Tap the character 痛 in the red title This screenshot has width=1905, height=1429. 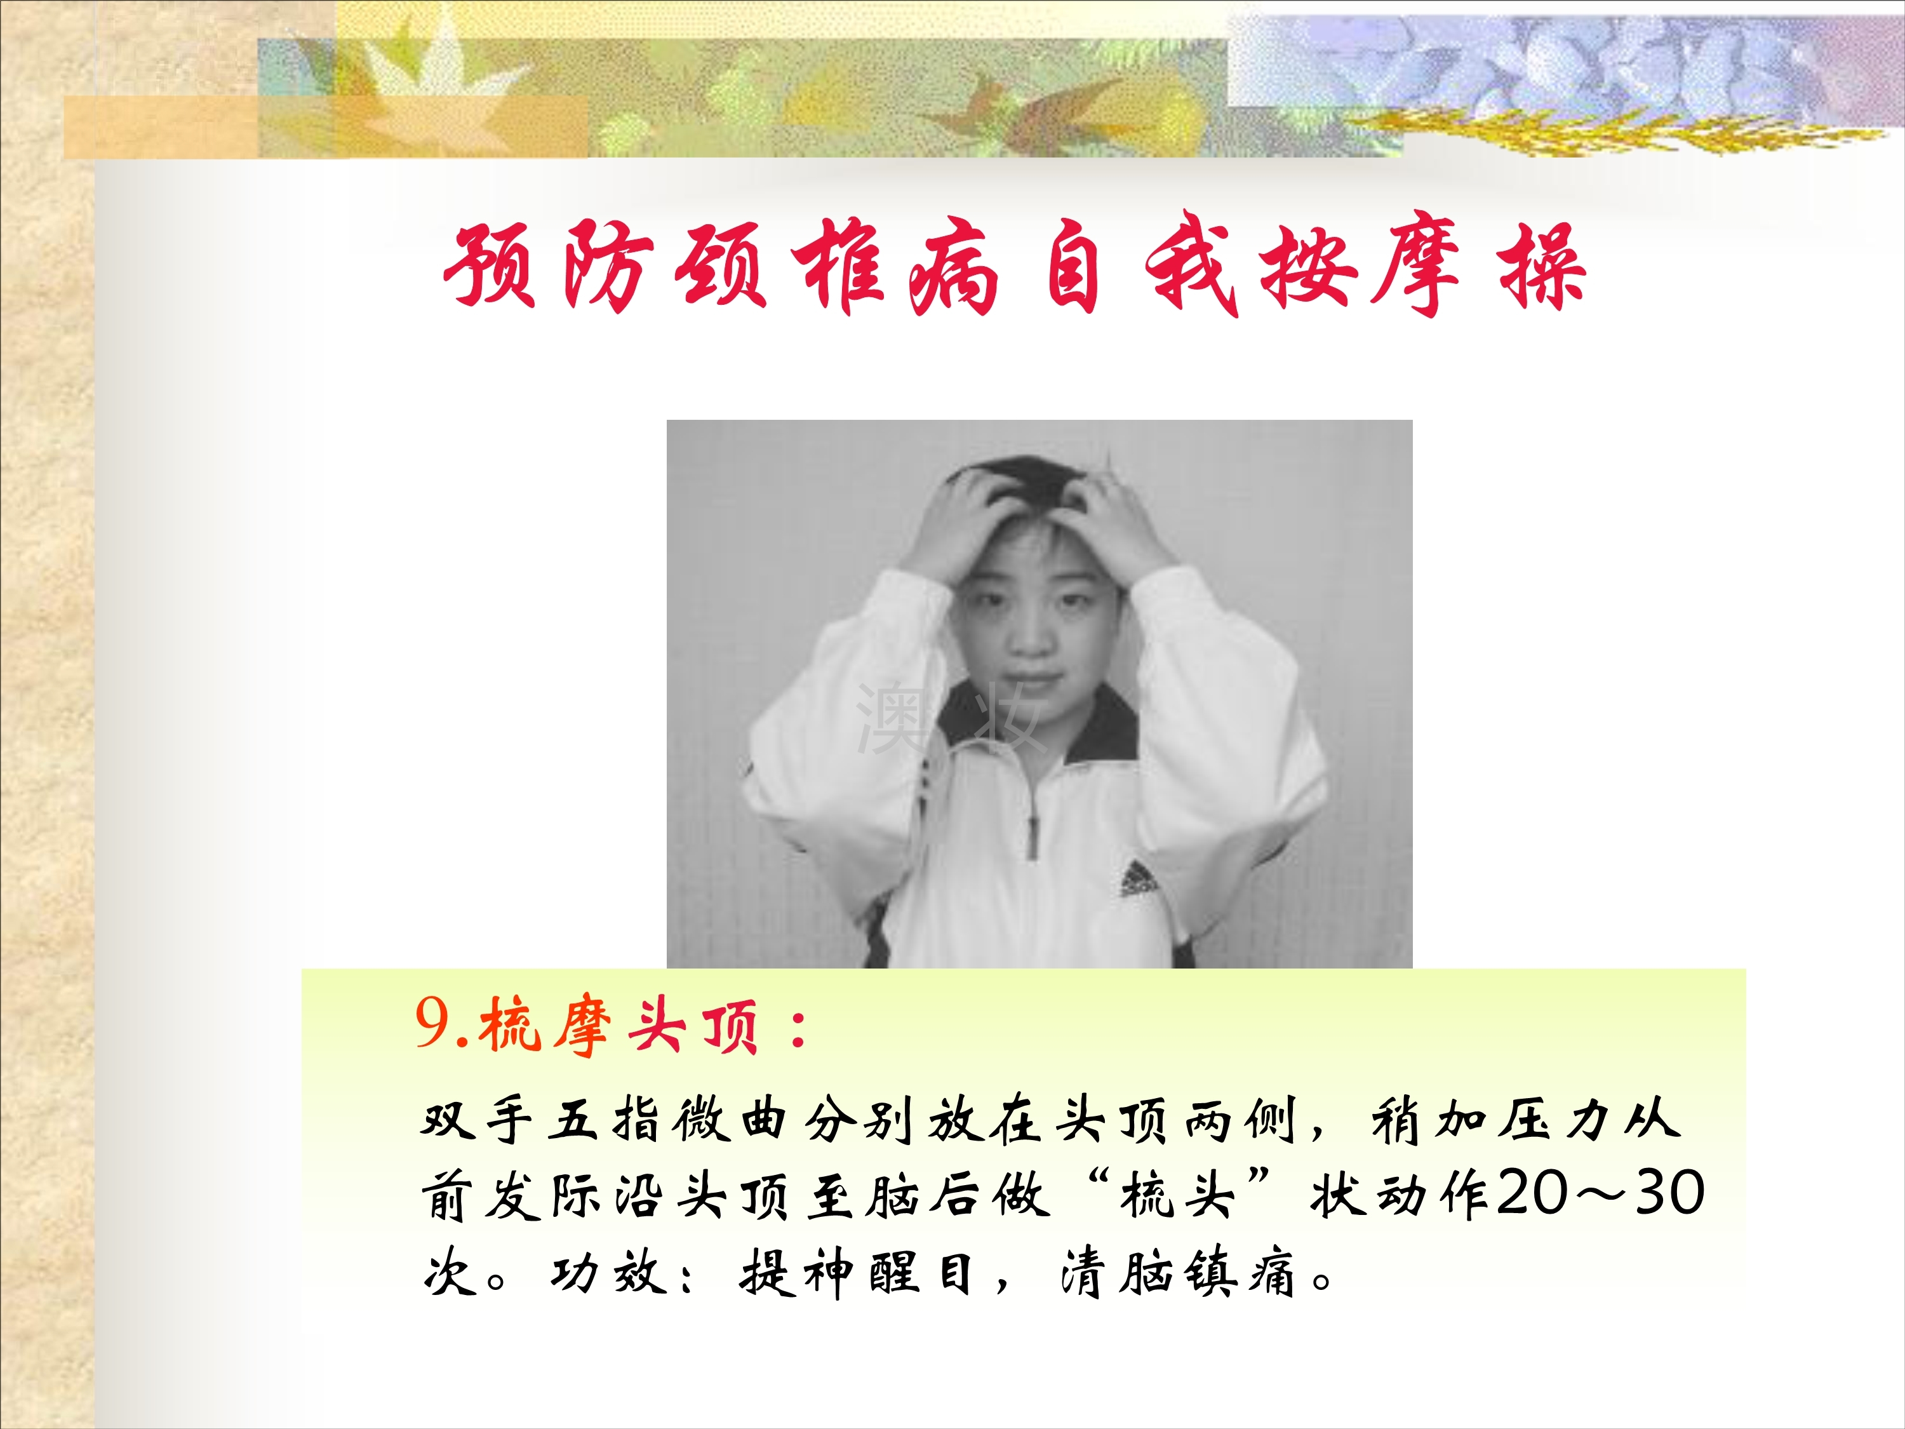pos(953,267)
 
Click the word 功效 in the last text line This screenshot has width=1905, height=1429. pos(609,1273)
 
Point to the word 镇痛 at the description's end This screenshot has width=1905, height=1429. pos(1238,1273)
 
